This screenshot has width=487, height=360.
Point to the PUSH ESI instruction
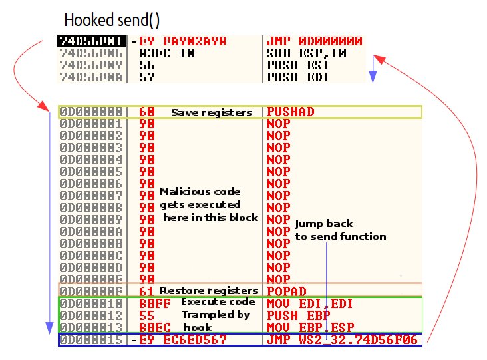[x=293, y=65]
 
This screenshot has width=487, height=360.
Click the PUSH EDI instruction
[x=293, y=77]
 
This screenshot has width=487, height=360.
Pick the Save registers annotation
[x=212, y=113]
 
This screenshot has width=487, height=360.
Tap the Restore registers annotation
[x=209, y=291]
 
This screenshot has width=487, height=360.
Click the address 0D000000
[x=91, y=112]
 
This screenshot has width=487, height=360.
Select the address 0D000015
[x=91, y=339]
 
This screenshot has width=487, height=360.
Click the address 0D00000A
[x=91, y=231]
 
